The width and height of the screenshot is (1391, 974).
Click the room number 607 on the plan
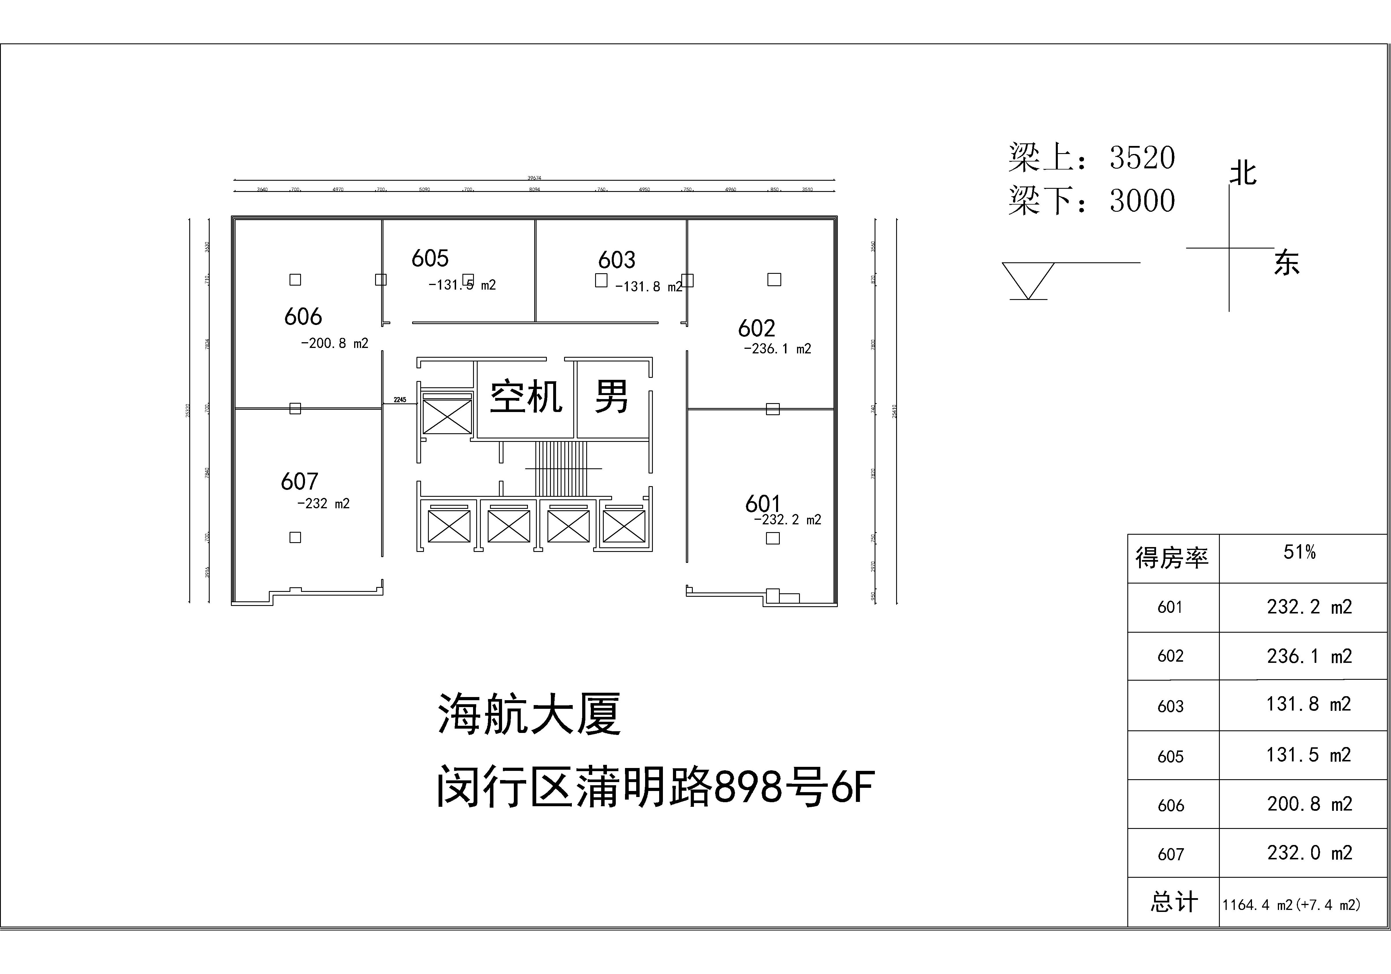(x=299, y=482)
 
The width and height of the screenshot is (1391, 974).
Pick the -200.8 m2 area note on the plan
(x=334, y=344)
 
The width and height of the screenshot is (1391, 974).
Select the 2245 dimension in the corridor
(x=400, y=400)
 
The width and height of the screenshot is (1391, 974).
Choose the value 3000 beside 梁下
(x=1142, y=201)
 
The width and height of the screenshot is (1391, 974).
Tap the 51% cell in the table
(x=1299, y=552)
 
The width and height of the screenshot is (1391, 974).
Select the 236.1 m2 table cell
(x=1309, y=656)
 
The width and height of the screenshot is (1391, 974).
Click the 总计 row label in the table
(x=1174, y=902)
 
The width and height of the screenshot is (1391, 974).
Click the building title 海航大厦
(x=529, y=714)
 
